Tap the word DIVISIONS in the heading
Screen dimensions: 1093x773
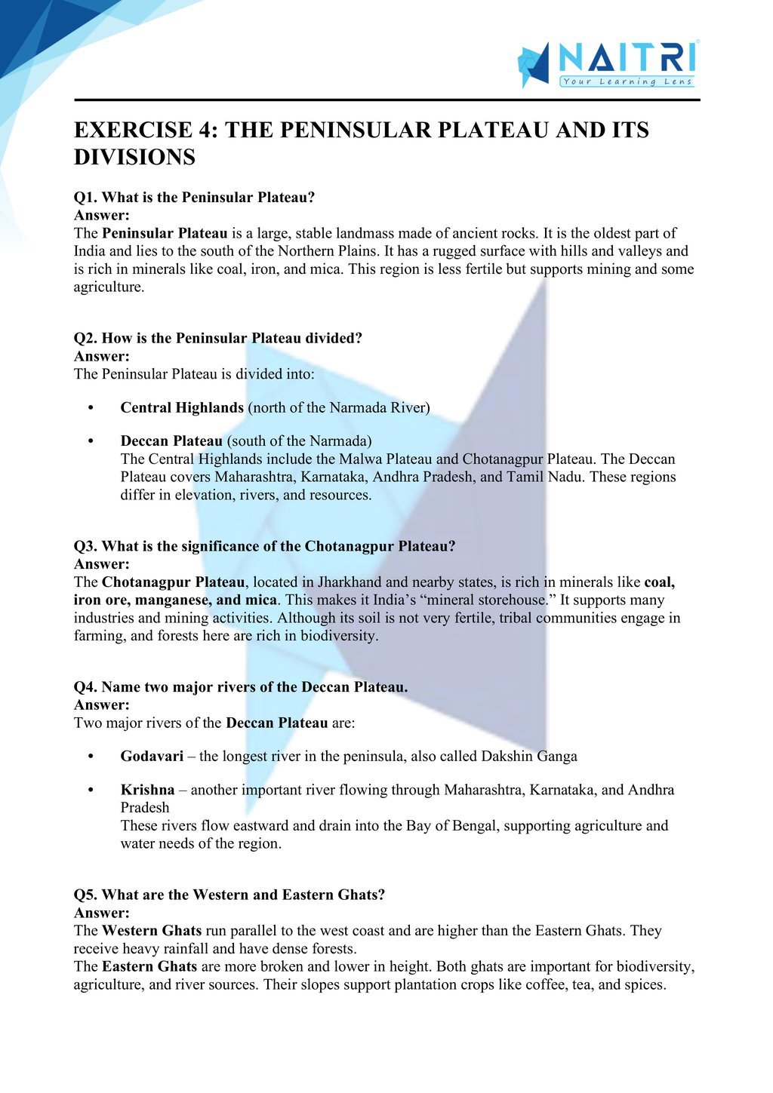coord(134,158)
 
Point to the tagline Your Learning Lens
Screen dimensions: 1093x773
coord(627,81)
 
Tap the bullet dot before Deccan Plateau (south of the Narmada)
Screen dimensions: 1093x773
coord(91,441)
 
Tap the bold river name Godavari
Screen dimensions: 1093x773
coord(152,757)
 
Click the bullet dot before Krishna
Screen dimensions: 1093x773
coord(91,791)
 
